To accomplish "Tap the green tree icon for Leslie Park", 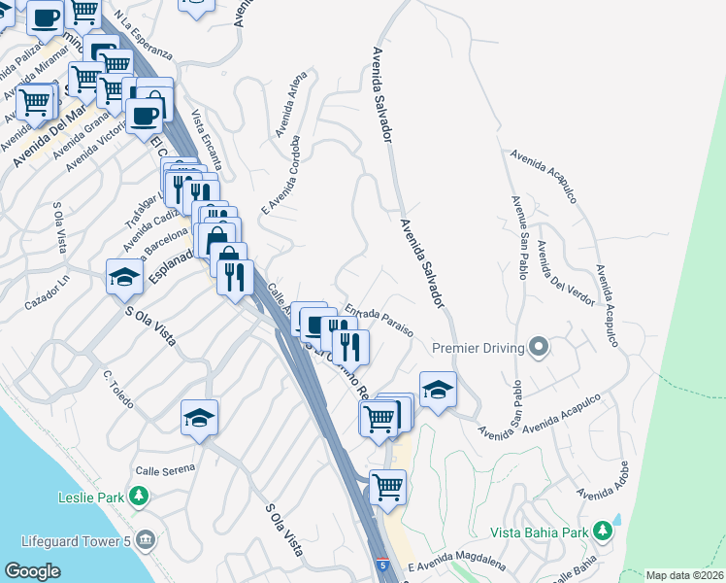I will pyautogui.click(x=140, y=497).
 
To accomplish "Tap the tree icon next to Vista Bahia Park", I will pyautogui.click(x=604, y=532).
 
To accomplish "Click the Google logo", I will pyautogui.click(x=32, y=571).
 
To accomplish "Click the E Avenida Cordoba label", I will pyautogui.click(x=280, y=176).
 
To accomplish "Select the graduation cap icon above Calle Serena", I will pyautogui.click(x=199, y=418).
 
